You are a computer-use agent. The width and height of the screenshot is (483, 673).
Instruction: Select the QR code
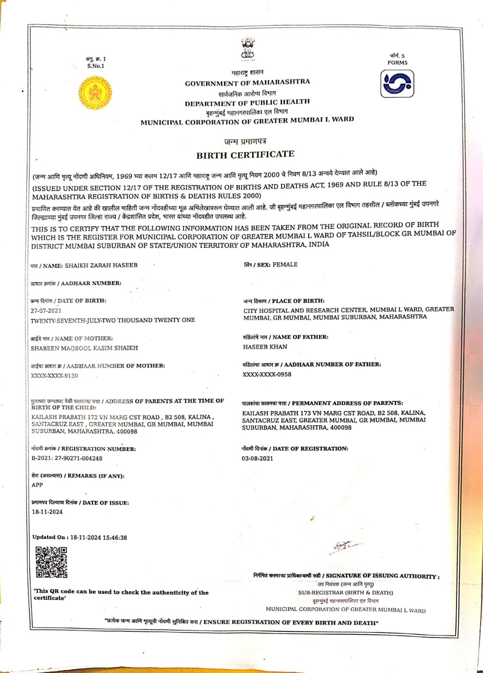tap(51, 562)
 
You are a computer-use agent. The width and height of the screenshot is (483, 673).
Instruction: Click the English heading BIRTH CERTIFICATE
tap(245, 154)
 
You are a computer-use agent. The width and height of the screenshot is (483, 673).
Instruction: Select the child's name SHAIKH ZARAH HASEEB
tap(101, 265)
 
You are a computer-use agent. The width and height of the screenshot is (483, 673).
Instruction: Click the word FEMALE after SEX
tap(285, 265)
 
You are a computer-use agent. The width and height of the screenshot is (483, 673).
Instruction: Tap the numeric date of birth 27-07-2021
tap(46, 310)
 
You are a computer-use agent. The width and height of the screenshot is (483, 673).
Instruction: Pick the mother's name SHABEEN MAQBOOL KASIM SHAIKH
tap(84, 348)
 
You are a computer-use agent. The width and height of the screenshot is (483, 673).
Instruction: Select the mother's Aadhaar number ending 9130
tap(54, 376)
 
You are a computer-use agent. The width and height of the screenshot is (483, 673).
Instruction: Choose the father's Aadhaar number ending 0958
tap(267, 374)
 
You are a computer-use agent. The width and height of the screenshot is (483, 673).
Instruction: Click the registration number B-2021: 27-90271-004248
tap(67, 458)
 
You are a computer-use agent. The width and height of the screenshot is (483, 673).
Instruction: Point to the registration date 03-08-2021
tap(257, 458)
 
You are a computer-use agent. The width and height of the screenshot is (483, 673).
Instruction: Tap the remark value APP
tap(37, 485)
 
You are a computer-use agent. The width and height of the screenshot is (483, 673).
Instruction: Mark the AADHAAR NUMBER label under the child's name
tap(91, 284)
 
